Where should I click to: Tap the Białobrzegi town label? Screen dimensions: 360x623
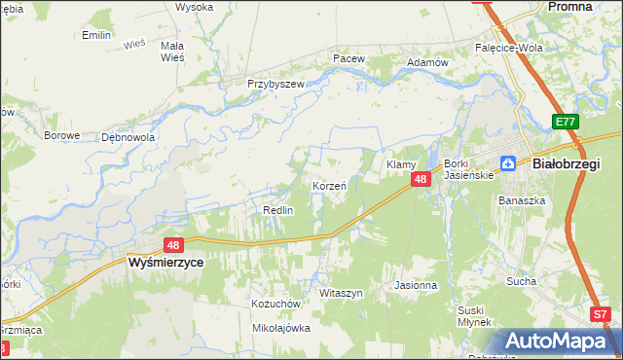[567, 164]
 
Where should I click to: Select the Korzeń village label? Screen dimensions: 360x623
[330, 185]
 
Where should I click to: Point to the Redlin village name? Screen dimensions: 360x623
[278, 210]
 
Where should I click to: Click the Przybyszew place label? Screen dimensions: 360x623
[275, 85]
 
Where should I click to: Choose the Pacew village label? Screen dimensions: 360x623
[348, 58]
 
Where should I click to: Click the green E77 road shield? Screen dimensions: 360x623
[567, 122]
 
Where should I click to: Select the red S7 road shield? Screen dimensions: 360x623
[602, 314]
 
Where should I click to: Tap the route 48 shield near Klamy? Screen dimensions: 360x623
[421, 180]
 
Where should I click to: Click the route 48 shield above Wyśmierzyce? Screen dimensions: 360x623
[173, 246]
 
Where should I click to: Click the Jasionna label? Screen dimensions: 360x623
[416, 286]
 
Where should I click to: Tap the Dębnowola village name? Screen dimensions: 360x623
[128, 137]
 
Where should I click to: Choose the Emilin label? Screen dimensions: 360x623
[96, 35]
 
